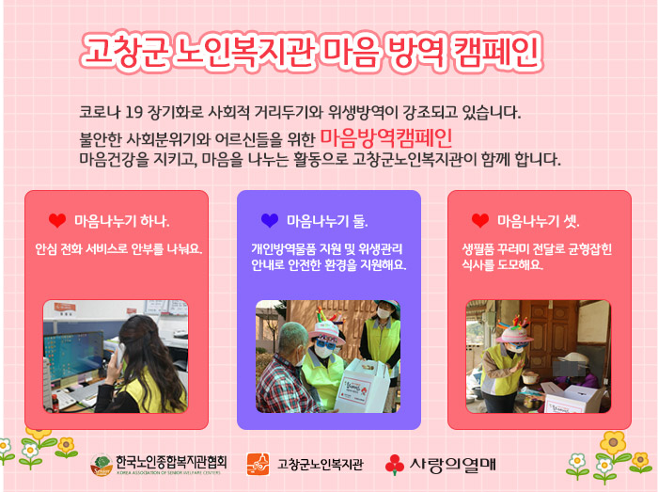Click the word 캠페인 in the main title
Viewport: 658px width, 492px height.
496,53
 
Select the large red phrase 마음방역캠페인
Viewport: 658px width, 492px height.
386,137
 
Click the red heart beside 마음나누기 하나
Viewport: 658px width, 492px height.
57,220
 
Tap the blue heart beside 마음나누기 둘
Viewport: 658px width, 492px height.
270,220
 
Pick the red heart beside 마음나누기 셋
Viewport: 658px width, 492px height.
480,220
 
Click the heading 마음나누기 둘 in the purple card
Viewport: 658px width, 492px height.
327,221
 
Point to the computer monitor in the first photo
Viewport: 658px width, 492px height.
74,355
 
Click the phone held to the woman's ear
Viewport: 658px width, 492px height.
119,354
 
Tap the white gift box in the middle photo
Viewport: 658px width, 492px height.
362,387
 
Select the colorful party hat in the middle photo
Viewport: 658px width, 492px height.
325,328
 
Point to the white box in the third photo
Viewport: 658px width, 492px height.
572,399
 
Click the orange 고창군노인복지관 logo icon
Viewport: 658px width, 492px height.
258,465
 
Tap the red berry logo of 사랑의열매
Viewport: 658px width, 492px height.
395,465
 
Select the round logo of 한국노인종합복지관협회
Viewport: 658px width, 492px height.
102,465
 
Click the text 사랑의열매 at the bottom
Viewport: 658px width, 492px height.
453,465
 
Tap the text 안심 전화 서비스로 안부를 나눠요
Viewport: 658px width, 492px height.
118,249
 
